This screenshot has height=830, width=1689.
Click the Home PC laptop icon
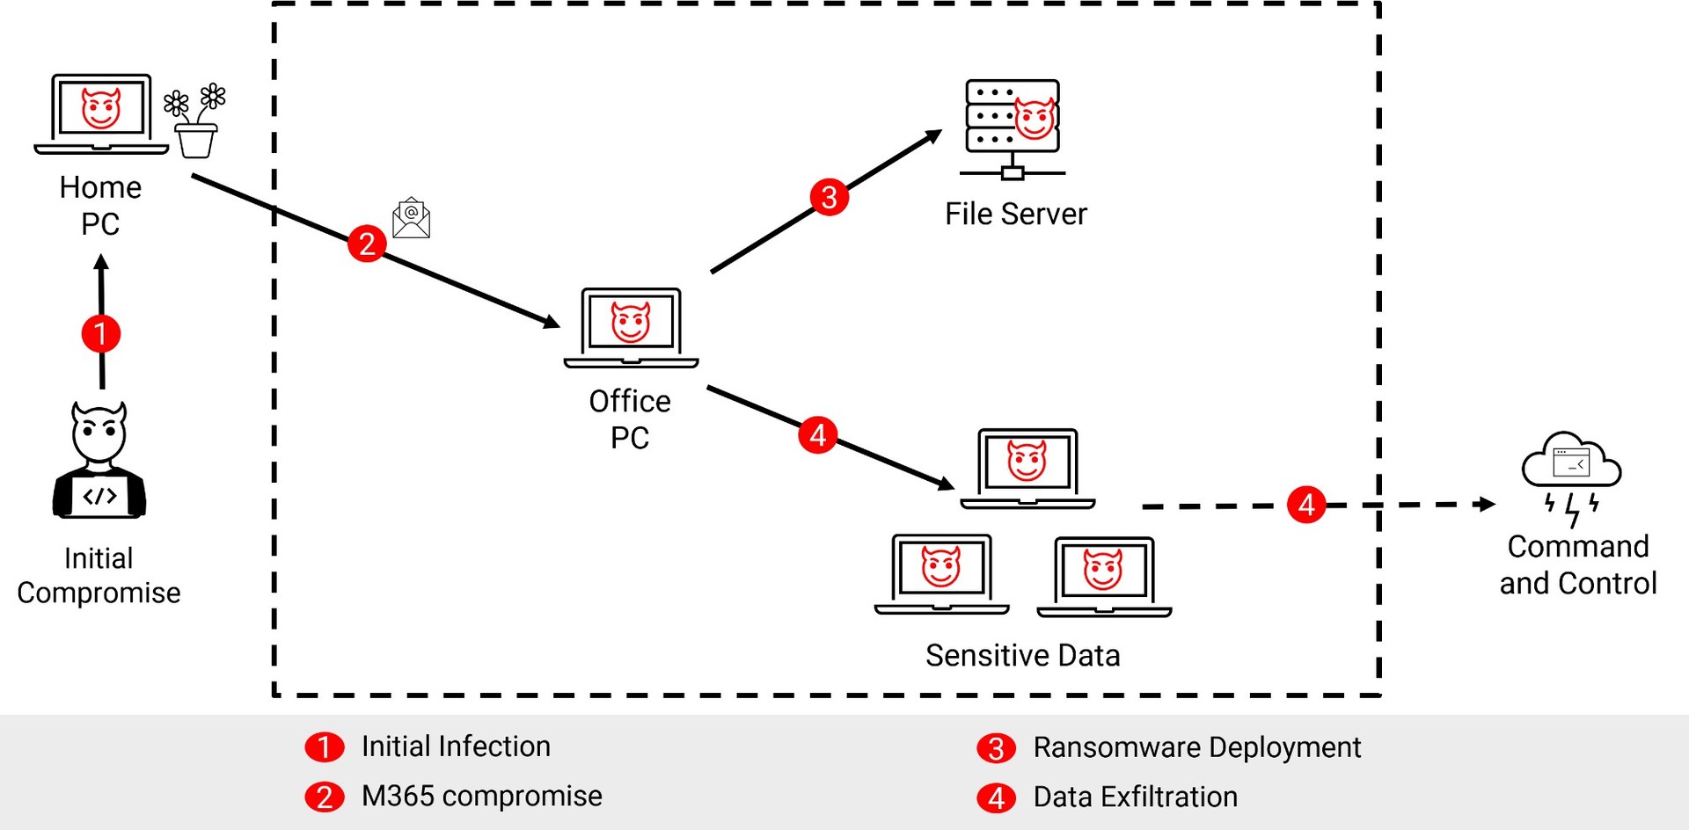point(101,113)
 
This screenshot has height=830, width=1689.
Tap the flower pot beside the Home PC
point(195,123)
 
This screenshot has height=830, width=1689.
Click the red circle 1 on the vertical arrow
point(101,333)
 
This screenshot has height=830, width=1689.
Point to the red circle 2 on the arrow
point(367,244)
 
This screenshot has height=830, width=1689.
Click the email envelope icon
point(411,218)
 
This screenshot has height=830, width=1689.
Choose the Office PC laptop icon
point(631,326)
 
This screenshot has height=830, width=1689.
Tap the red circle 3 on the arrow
point(829,197)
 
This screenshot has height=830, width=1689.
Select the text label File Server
point(1015,214)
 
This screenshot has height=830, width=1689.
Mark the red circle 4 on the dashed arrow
point(1306,505)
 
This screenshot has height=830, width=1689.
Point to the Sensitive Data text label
point(1022,655)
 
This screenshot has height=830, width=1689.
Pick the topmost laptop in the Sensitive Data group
point(1027,468)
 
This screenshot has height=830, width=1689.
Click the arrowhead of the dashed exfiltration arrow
point(1487,504)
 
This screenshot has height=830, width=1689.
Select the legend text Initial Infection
point(456,746)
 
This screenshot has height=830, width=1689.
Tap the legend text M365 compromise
point(481,796)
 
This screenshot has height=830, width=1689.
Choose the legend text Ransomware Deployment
point(1196,747)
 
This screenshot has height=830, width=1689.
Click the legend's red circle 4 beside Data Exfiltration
point(996,797)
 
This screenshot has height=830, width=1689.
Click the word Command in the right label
point(1578,546)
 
